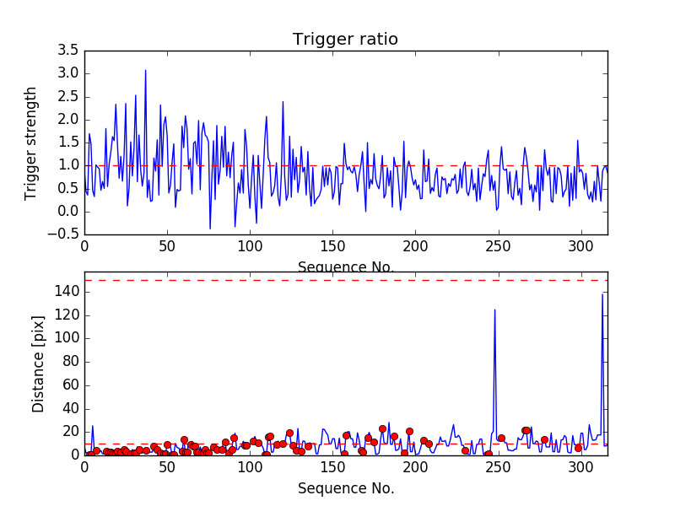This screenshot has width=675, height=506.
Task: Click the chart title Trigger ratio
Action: (x=345, y=40)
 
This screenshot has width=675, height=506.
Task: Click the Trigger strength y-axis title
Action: (x=31, y=143)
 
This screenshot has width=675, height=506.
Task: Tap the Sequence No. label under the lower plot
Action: (x=345, y=488)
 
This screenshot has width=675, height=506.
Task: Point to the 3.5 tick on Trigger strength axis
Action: (x=68, y=51)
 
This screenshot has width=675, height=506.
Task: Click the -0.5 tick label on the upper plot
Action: (x=65, y=234)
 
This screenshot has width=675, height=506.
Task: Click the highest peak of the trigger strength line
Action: (x=145, y=70)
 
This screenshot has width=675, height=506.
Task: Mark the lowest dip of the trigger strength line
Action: (x=210, y=229)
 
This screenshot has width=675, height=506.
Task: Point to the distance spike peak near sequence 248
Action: (x=494, y=310)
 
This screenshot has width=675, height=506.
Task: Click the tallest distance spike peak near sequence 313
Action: (x=602, y=294)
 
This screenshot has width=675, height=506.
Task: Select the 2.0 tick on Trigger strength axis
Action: (x=68, y=120)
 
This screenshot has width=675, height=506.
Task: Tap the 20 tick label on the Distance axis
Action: (x=69, y=432)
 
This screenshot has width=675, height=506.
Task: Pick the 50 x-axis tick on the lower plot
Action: (x=167, y=467)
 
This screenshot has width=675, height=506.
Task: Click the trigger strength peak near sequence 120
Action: (x=283, y=101)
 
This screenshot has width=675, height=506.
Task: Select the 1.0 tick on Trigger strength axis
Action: (x=68, y=165)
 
